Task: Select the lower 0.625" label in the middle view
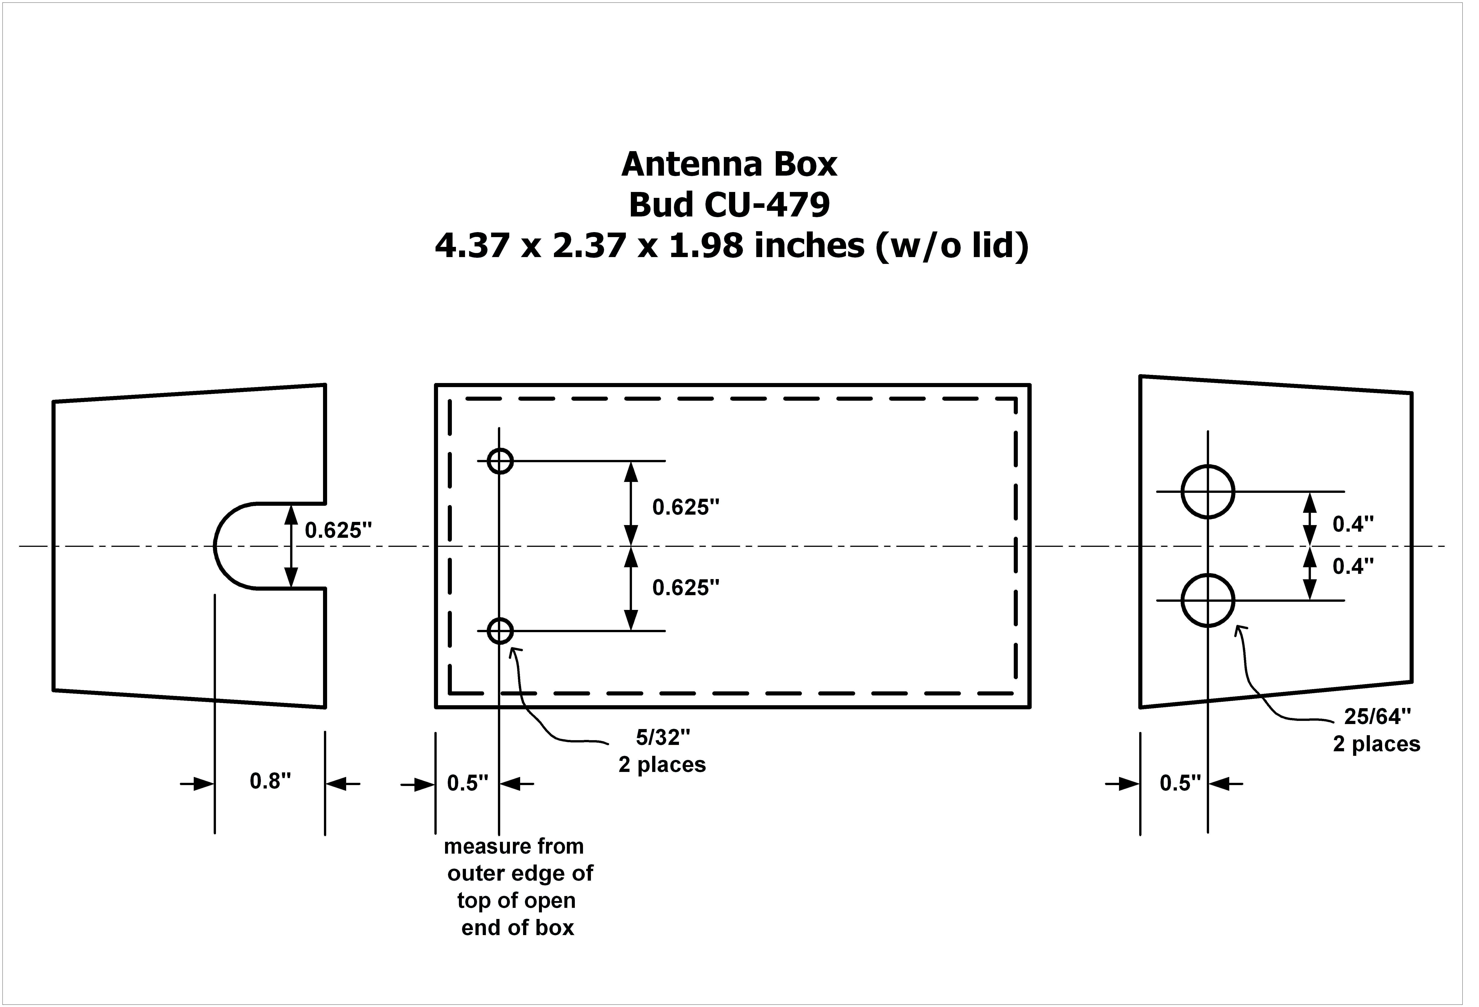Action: pyautogui.click(x=686, y=587)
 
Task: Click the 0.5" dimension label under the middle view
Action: pyautogui.click(x=467, y=783)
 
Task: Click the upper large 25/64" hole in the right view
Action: pyautogui.click(x=1207, y=491)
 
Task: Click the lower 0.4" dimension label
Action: pyautogui.click(x=1353, y=566)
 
